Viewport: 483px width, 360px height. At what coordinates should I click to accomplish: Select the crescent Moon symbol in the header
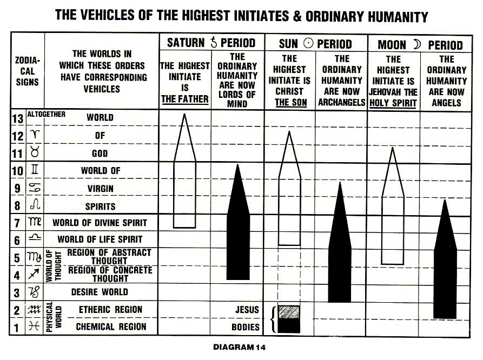[416, 44]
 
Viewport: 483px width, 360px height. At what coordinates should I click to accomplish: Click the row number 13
[17, 118]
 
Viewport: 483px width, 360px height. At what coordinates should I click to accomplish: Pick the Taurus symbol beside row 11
[35, 153]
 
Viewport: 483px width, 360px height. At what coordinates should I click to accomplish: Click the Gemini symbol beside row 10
[35, 170]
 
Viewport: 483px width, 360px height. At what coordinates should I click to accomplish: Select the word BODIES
[246, 327]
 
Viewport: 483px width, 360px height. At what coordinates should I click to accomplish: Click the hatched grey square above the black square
[288, 312]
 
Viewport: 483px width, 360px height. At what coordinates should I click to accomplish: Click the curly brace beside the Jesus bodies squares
[274, 319]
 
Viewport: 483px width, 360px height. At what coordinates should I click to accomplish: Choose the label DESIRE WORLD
[100, 292]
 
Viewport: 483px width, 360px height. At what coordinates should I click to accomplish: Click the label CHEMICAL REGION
[111, 327]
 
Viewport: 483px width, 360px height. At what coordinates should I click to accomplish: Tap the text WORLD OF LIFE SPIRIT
[100, 239]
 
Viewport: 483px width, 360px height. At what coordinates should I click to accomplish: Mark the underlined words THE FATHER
[184, 98]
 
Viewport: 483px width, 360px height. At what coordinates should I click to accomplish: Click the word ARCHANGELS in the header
[342, 102]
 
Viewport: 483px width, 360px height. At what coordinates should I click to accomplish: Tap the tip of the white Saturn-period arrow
[185, 115]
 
